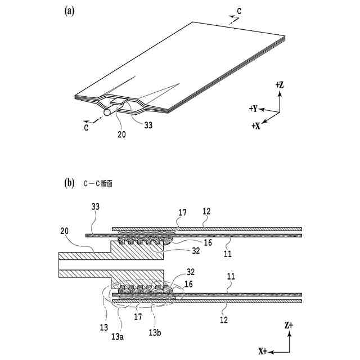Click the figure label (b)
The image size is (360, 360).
[69, 183]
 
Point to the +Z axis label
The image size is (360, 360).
[280, 85]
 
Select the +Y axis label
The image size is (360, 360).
[253, 107]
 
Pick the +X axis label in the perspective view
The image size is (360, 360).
[256, 126]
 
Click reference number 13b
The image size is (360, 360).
[155, 332]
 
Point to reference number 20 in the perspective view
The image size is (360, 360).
[120, 135]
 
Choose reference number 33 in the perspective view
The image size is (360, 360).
[148, 126]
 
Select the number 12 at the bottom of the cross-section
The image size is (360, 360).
[224, 319]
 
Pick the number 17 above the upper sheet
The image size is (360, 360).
[182, 213]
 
